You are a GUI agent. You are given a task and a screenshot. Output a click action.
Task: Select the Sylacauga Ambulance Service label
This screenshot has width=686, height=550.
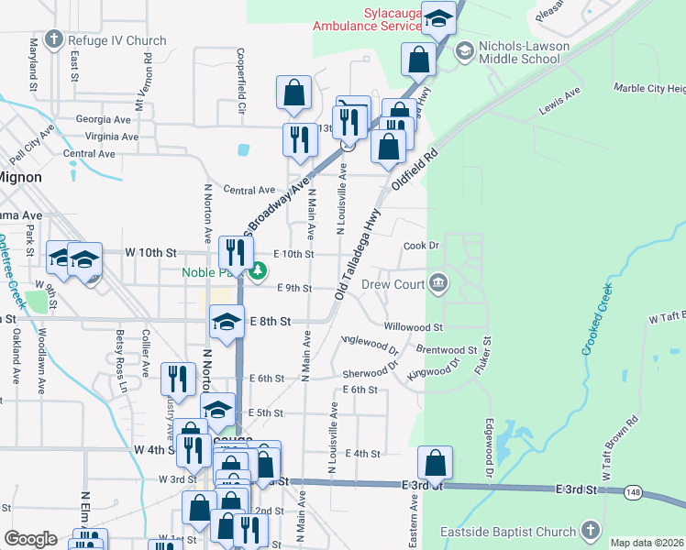coord(367,19)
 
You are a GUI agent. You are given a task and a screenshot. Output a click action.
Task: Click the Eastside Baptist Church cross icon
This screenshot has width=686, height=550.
coord(592,531)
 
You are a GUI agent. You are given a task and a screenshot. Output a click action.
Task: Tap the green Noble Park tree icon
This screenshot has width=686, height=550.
coord(258,270)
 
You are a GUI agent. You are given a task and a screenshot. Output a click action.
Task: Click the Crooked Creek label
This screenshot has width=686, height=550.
coord(599,324)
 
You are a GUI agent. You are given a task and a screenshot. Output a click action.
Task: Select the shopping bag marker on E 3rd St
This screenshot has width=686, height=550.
coord(435,464)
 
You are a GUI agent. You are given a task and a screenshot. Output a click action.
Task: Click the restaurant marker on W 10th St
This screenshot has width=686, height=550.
coord(235,253)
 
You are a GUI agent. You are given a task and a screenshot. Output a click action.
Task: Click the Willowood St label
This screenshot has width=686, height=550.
coord(414,326)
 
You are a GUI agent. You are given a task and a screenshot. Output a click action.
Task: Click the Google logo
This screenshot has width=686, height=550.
coord(30,539)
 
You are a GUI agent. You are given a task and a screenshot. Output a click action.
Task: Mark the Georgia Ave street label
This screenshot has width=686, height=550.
coord(105,119)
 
